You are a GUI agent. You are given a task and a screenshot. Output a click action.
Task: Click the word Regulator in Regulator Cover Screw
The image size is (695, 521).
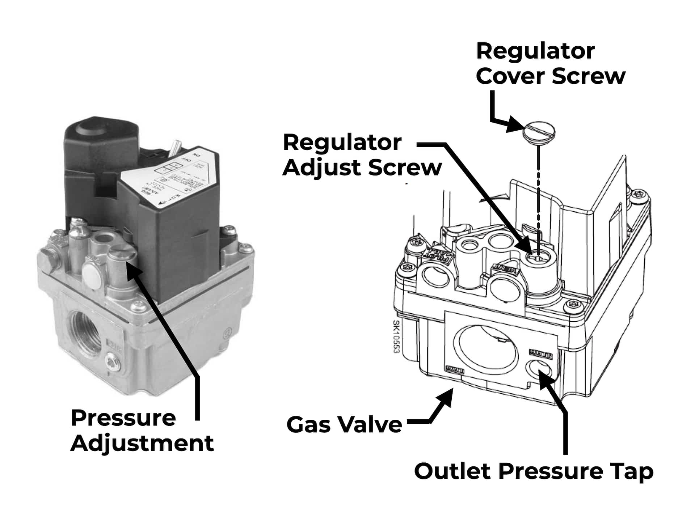pos(535,51)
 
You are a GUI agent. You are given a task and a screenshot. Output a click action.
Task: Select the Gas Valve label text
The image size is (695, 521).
pos(344,424)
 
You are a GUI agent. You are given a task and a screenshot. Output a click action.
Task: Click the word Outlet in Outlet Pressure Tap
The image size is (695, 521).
pos(453,471)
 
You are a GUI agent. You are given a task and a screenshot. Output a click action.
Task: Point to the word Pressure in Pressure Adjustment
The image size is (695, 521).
pos(123,418)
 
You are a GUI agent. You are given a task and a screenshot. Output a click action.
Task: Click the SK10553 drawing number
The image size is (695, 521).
pos(396,337)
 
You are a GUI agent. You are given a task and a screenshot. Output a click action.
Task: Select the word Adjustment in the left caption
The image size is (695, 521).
pos(142,444)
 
